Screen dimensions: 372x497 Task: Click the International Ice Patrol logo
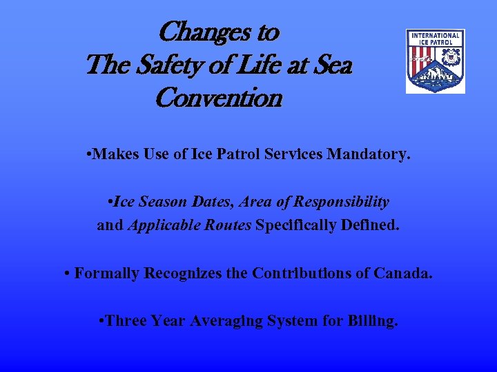[435, 61]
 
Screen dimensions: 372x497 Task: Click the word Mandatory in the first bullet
[371, 155]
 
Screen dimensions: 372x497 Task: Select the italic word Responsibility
[341, 203]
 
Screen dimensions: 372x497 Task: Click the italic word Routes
[226, 225]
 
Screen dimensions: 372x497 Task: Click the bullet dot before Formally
[67, 273]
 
